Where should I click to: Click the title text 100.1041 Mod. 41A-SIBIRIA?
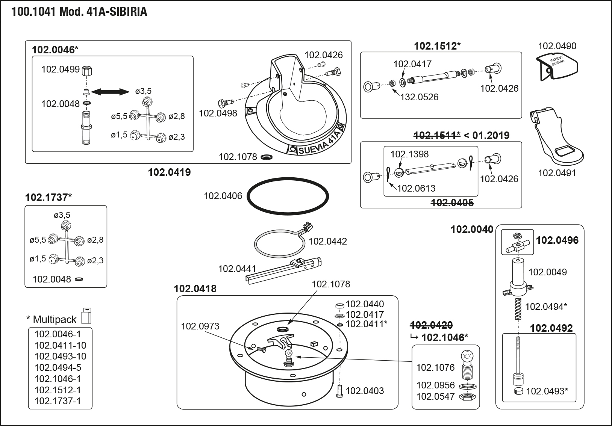pyautogui.click(x=79, y=12)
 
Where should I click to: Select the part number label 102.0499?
pyautogui.click(x=61, y=69)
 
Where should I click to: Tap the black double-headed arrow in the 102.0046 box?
pyautogui.click(x=110, y=92)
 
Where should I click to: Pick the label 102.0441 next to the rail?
pyautogui.click(x=237, y=269)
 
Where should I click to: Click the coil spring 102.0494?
pyautogui.click(x=518, y=309)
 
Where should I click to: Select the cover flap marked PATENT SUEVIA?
pyautogui.click(x=557, y=67)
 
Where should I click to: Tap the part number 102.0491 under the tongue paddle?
pyautogui.click(x=557, y=173)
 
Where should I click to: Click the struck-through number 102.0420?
pyautogui.click(x=432, y=325)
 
